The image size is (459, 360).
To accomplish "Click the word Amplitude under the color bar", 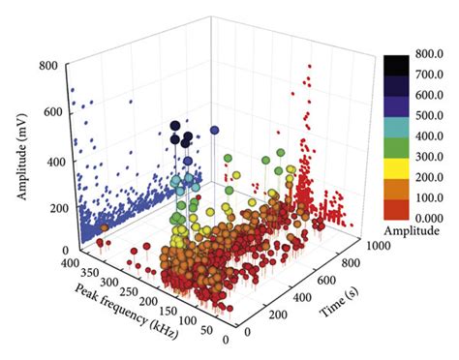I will (412, 232).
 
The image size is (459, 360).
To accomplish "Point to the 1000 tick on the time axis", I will (375, 247).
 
